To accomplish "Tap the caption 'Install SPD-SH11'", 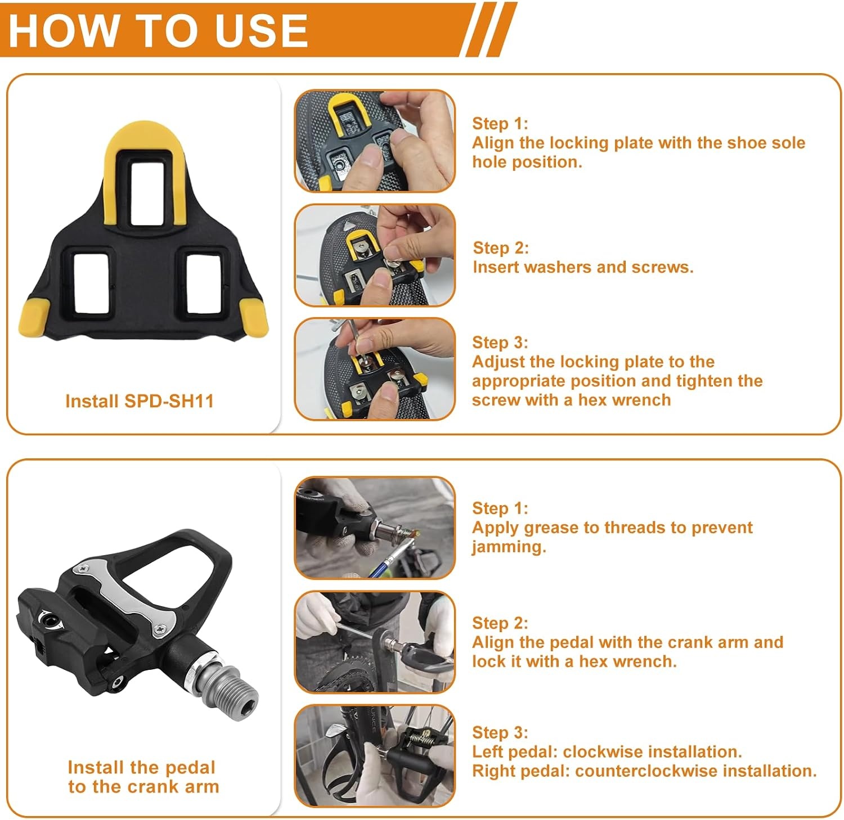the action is pos(140,401).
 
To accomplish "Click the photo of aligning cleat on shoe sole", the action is pos(375,141).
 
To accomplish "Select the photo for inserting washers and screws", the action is pos(375,255).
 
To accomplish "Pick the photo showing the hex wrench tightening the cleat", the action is pos(375,369).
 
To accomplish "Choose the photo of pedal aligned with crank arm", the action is pos(375,642).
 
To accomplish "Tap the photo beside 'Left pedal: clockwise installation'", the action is pos(375,755).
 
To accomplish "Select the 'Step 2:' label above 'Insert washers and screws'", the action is pos(501,248).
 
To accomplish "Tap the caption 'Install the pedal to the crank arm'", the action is pos(143,777).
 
